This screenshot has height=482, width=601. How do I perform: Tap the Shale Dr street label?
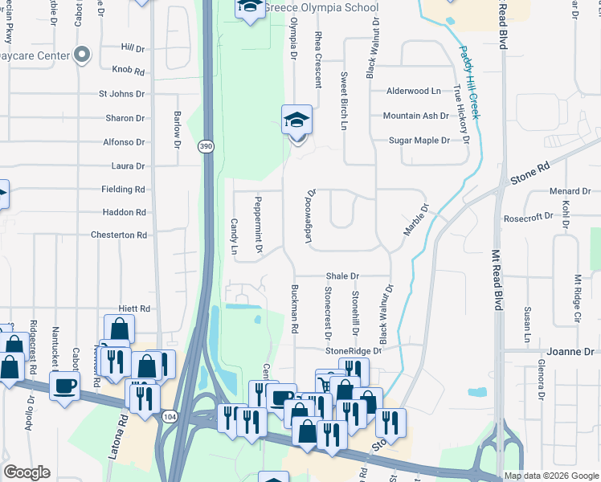[x=342, y=276]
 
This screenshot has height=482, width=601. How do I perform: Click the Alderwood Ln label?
[x=414, y=92]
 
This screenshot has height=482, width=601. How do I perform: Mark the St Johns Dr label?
[x=121, y=94]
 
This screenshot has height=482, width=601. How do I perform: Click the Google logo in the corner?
[x=26, y=472]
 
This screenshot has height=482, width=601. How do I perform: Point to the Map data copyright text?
[x=550, y=476]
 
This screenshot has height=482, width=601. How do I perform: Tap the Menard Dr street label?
[x=570, y=191]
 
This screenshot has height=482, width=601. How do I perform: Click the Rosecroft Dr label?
[x=527, y=216]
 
